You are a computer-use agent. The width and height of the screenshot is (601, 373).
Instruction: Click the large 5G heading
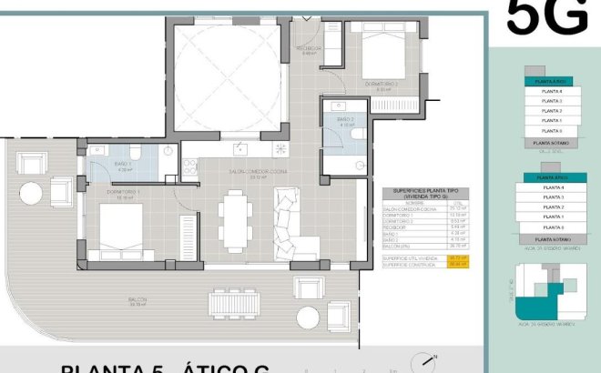coord(545,17)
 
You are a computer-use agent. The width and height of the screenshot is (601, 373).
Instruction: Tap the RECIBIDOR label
coord(309,49)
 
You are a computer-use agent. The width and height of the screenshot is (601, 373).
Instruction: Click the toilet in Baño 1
coord(134,152)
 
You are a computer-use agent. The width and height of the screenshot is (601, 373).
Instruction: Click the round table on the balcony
coord(30,194)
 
